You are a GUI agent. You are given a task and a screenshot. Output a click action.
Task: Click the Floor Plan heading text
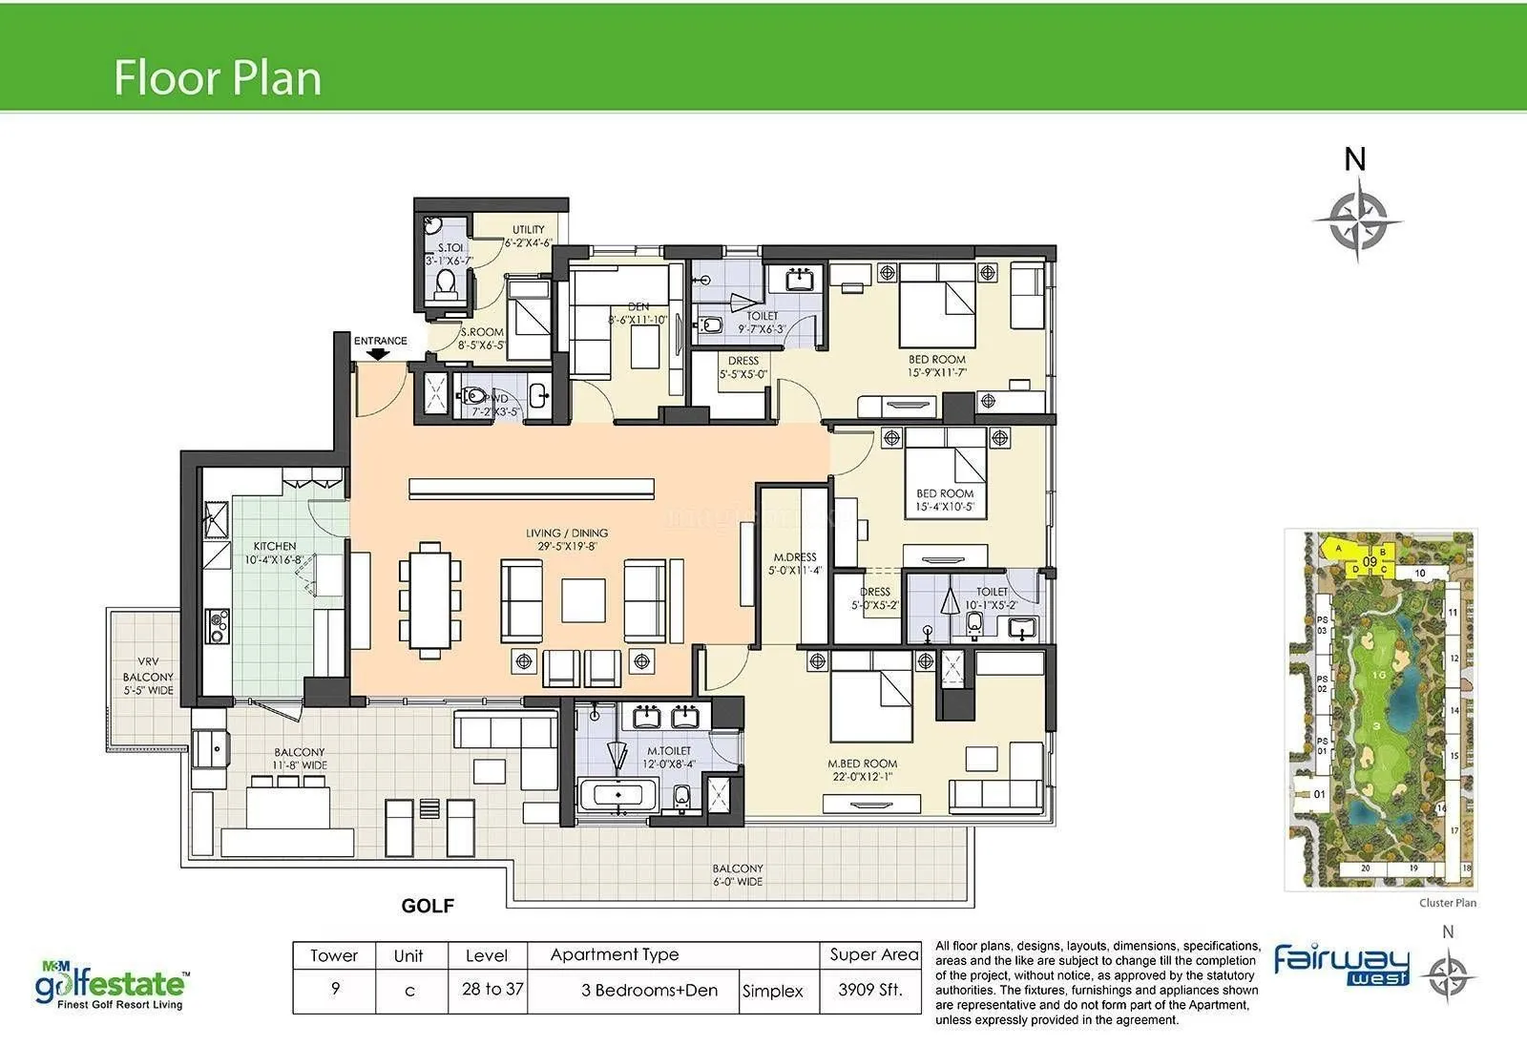click(x=218, y=78)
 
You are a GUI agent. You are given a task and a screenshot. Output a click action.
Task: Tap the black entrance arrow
click(x=379, y=354)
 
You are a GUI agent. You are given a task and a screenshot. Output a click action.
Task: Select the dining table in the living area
click(x=430, y=599)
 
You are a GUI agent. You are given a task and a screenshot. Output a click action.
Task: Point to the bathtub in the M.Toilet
click(x=617, y=795)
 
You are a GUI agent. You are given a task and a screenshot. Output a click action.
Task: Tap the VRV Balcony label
click(x=148, y=676)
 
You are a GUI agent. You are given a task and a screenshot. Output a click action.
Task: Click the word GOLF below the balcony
click(x=428, y=906)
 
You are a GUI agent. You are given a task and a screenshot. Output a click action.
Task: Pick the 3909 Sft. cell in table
click(x=869, y=990)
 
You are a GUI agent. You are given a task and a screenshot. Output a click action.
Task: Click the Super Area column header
click(x=873, y=954)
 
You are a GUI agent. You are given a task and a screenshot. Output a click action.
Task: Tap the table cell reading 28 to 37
click(x=492, y=990)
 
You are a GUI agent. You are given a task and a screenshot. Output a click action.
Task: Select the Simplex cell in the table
click(x=773, y=992)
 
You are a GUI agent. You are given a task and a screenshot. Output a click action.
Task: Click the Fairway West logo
click(x=1341, y=965)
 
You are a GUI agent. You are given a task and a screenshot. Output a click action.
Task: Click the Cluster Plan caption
click(x=1448, y=903)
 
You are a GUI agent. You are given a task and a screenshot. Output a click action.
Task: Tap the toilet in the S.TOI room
click(x=446, y=282)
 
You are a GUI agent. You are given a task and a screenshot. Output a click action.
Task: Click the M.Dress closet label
click(x=795, y=564)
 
